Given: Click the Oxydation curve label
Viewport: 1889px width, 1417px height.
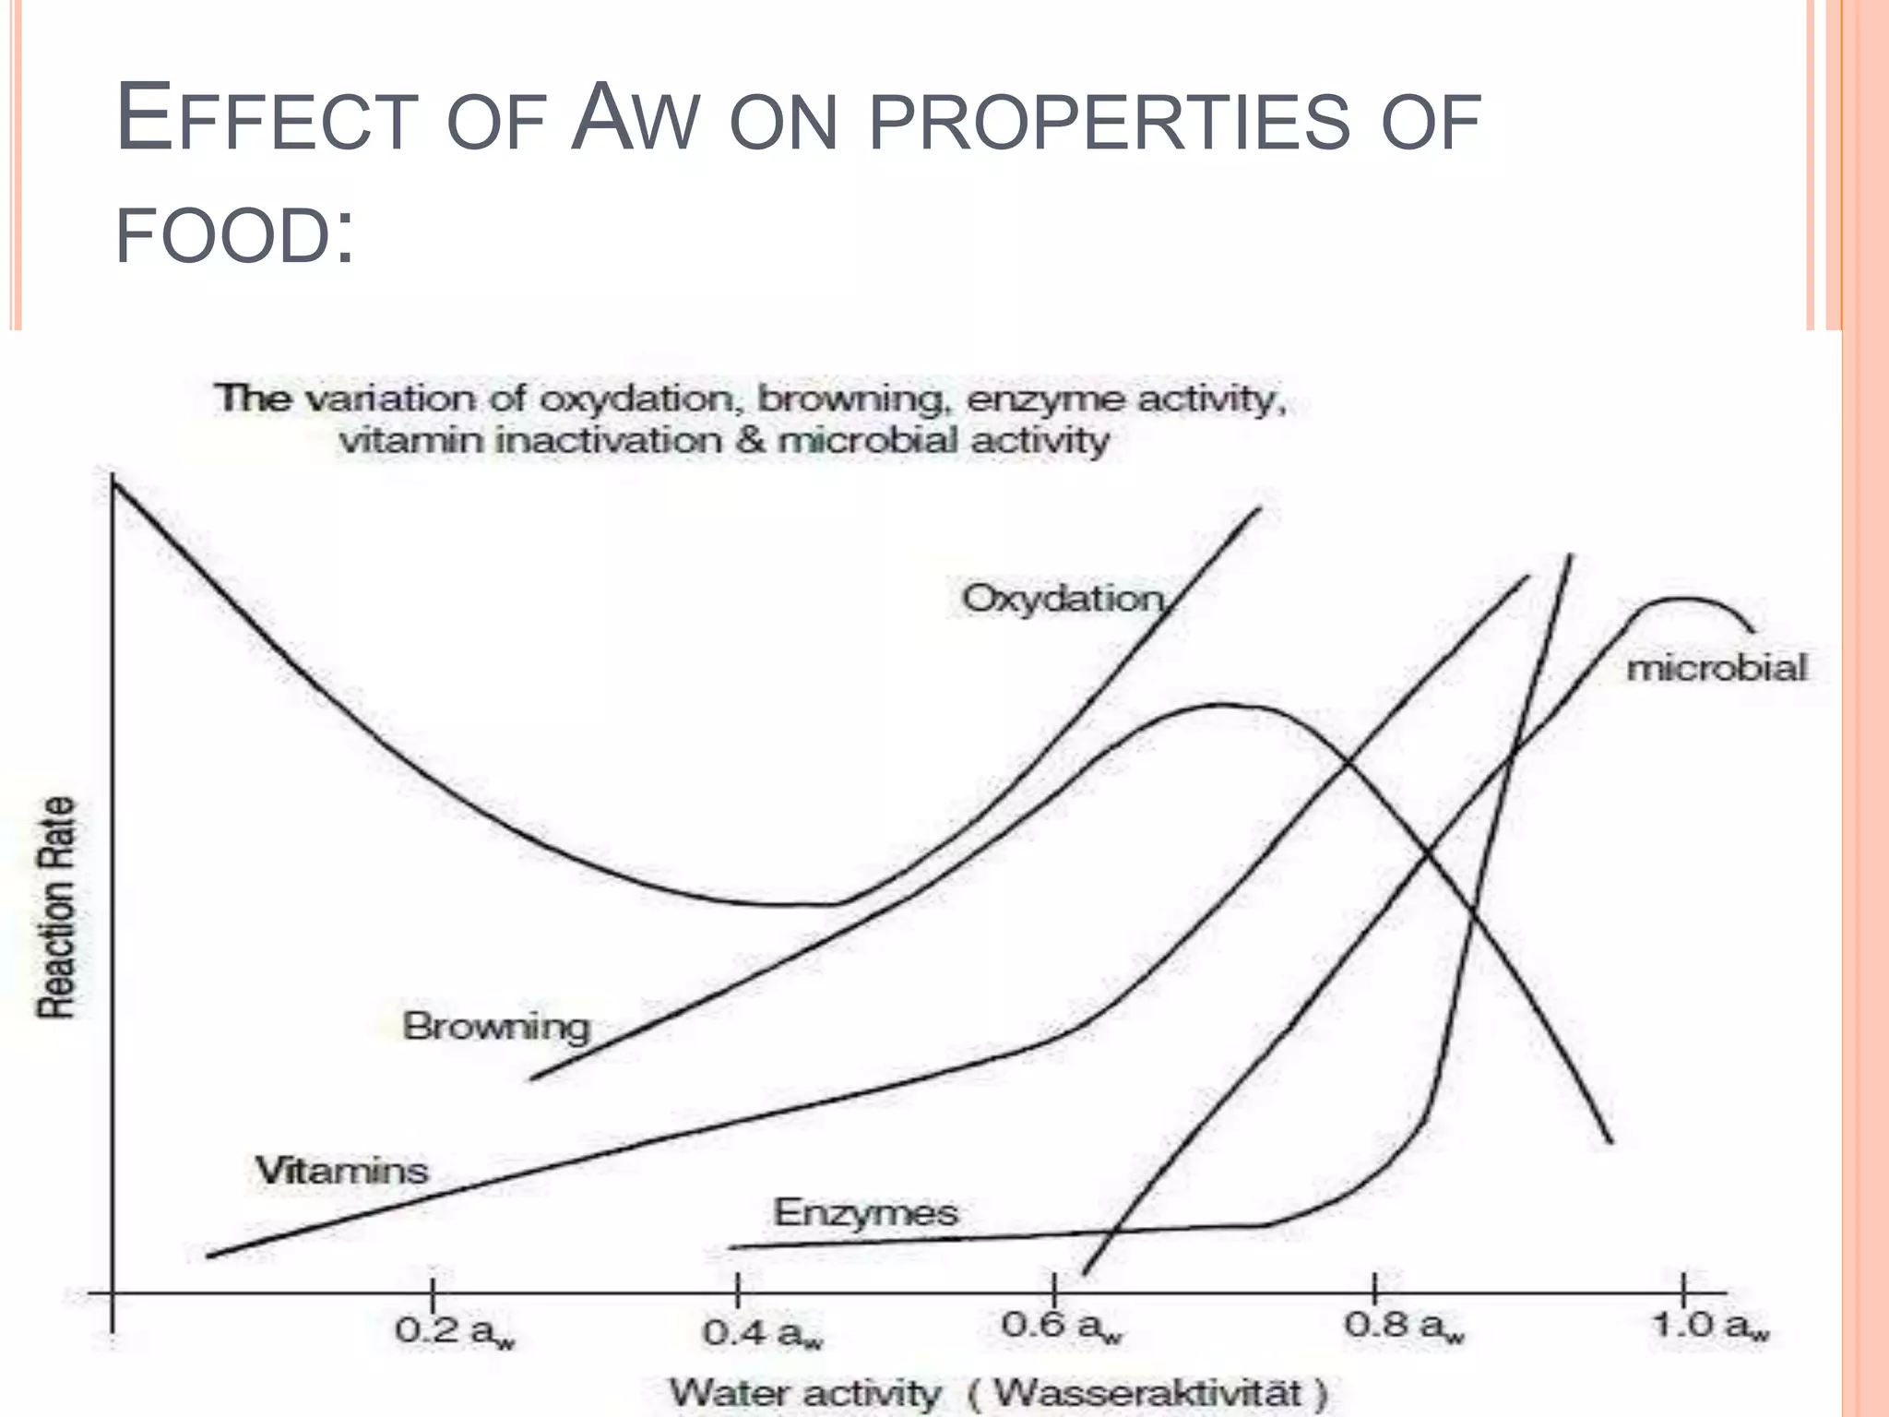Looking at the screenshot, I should point(1063,600).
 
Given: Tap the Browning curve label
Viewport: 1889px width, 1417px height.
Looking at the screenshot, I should point(496,1027).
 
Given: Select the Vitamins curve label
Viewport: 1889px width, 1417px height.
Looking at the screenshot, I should point(341,1171).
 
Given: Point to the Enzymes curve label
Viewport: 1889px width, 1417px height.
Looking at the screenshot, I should point(865,1212).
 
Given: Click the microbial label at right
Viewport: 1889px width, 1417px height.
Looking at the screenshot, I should point(1716,668).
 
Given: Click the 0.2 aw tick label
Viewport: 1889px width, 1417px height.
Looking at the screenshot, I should point(455,1332).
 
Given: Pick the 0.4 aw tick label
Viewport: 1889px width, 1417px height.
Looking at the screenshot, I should point(762,1334).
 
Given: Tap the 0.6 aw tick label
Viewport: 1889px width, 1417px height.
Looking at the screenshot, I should point(1062,1327).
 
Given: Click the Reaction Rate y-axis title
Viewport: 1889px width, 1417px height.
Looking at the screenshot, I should point(56,908).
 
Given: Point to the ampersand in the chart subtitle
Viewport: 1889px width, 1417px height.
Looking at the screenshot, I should point(750,440).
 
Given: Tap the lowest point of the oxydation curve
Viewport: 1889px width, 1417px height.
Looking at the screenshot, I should point(784,904).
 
